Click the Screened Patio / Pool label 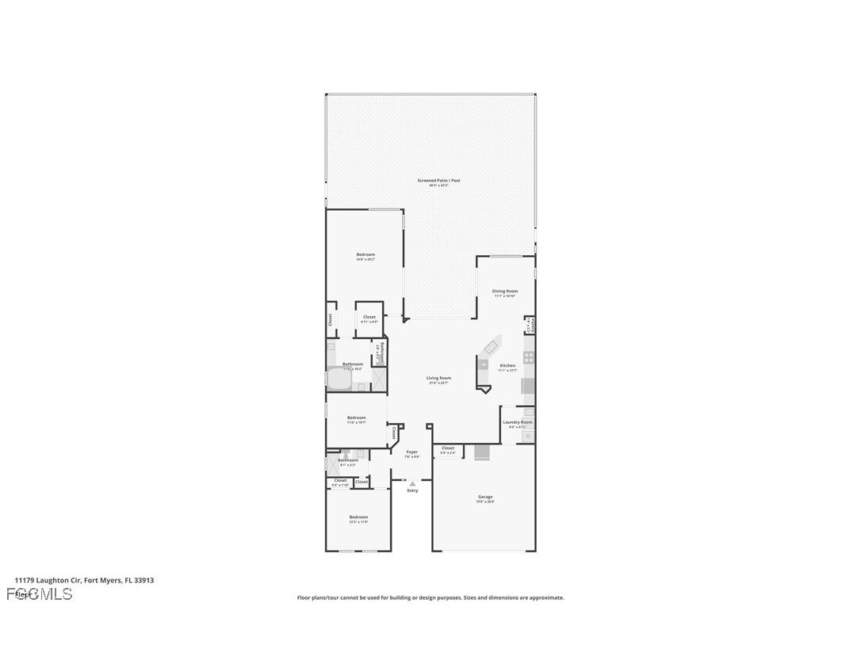pyautogui.click(x=438, y=181)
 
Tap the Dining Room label pyautogui.click(x=505, y=291)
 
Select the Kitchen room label pyautogui.click(x=507, y=365)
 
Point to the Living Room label pyautogui.click(x=438, y=378)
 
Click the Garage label pyautogui.click(x=485, y=497)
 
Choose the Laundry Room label pyautogui.click(x=517, y=422)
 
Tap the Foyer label pyautogui.click(x=411, y=452)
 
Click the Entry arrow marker pyautogui.click(x=412, y=483)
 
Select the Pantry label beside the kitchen pyautogui.click(x=531, y=325)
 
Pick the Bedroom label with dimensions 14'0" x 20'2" pyautogui.click(x=365, y=254)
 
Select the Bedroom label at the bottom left pyautogui.click(x=359, y=517)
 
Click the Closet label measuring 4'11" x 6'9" pyautogui.click(x=369, y=317)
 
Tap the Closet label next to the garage pyautogui.click(x=448, y=448)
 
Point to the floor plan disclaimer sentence pyautogui.click(x=430, y=597)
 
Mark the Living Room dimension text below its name pyautogui.click(x=438, y=384)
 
